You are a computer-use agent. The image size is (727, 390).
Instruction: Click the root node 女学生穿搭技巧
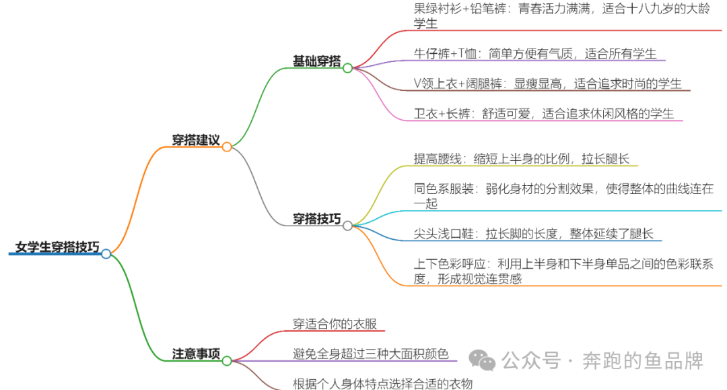tap(57, 247)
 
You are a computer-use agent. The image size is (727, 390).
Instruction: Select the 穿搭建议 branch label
tap(195, 140)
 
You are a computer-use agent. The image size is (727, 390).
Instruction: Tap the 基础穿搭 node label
tap(316, 61)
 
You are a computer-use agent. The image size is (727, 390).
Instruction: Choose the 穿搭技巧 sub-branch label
tap(316, 219)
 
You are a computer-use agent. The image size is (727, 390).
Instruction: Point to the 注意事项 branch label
tap(196, 354)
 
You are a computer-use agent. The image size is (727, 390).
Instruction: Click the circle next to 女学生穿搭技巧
tap(106, 254)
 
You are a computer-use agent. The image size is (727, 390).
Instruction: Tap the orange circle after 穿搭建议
tap(227, 147)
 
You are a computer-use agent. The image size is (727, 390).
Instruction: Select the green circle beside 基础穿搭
tap(347, 68)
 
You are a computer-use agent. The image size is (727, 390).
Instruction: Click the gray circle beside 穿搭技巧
tap(347, 226)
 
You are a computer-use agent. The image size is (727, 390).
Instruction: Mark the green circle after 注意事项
tap(227, 360)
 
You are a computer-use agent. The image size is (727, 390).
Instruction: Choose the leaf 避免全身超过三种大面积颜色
tap(370, 354)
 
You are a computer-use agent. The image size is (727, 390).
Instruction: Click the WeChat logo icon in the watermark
tap(483, 360)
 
